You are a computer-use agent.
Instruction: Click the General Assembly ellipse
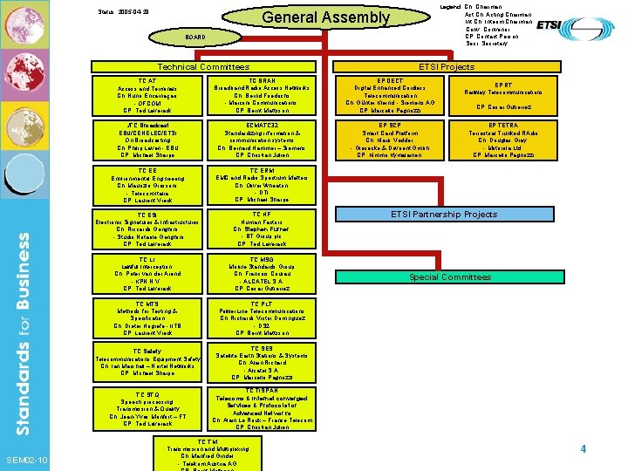(x=326, y=18)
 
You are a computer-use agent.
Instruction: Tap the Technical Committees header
(x=202, y=67)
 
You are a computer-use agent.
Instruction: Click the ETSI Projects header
(x=446, y=67)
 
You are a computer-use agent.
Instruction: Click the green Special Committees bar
(x=450, y=277)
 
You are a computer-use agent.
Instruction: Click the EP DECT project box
(x=388, y=96)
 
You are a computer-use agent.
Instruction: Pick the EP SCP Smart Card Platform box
(x=388, y=140)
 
